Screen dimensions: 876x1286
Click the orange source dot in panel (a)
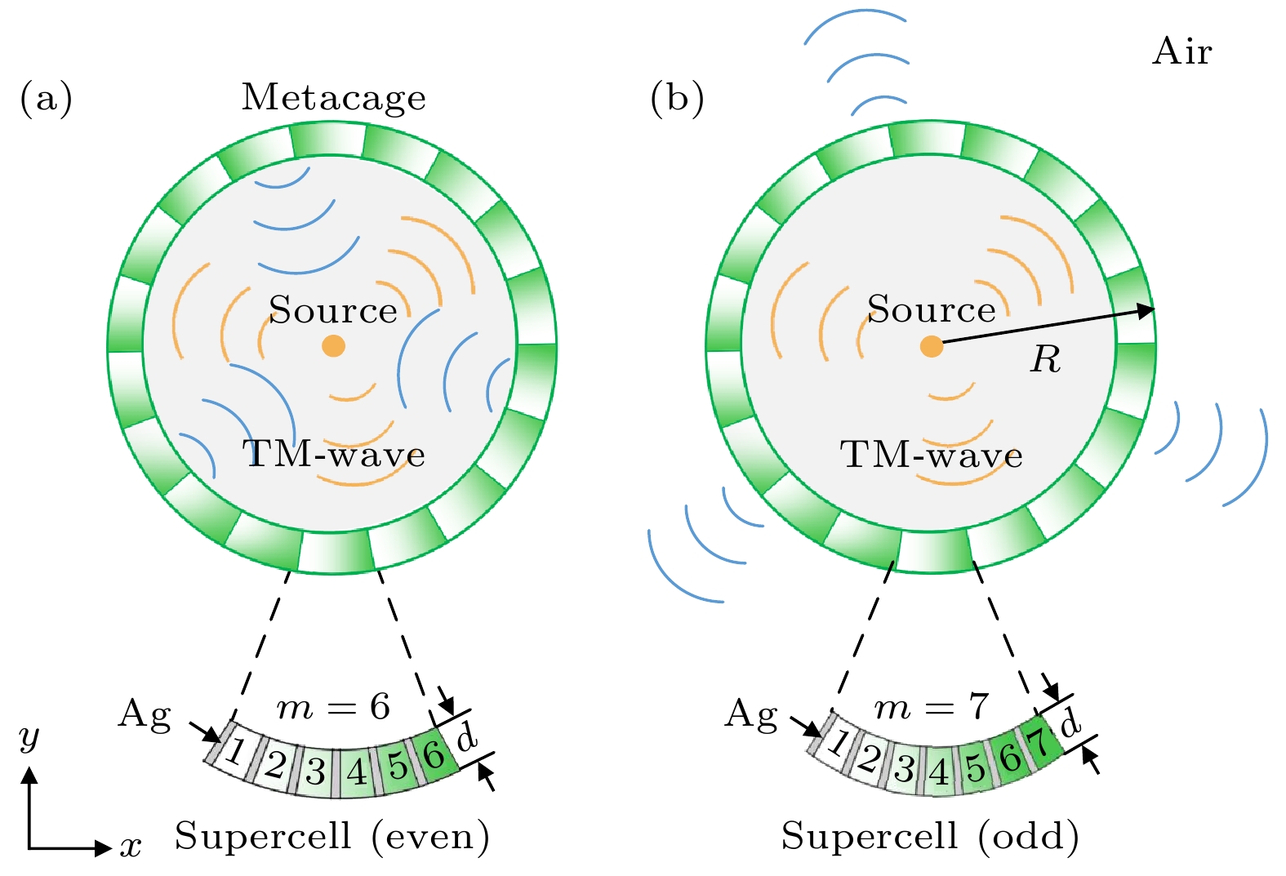tap(333, 345)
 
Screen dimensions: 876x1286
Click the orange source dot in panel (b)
tap(932, 346)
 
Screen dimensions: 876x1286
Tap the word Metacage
tap(333, 98)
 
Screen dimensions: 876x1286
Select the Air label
tap(1181, 52)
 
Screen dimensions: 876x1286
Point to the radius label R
tap(1046, 359)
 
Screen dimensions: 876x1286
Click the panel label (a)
tap(46, 98)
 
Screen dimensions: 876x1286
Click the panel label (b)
tap(677, 98)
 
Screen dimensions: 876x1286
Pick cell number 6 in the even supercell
tap(434, 754)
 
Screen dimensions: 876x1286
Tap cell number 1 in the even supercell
tap(235, 749)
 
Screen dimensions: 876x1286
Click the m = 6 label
tap(333, 707)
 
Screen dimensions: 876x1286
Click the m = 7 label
tap(931, 707)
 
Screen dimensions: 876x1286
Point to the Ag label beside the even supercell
tap(145, 714)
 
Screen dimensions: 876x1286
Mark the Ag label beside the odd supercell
tap(751, 714)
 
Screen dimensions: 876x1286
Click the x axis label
tap(131, 847)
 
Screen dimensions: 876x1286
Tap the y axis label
tap(29, 737)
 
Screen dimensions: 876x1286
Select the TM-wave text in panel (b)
tap(932, 455)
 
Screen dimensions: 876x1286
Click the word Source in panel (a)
tap(333, 310)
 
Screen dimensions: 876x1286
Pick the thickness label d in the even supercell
tap(466, 737)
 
